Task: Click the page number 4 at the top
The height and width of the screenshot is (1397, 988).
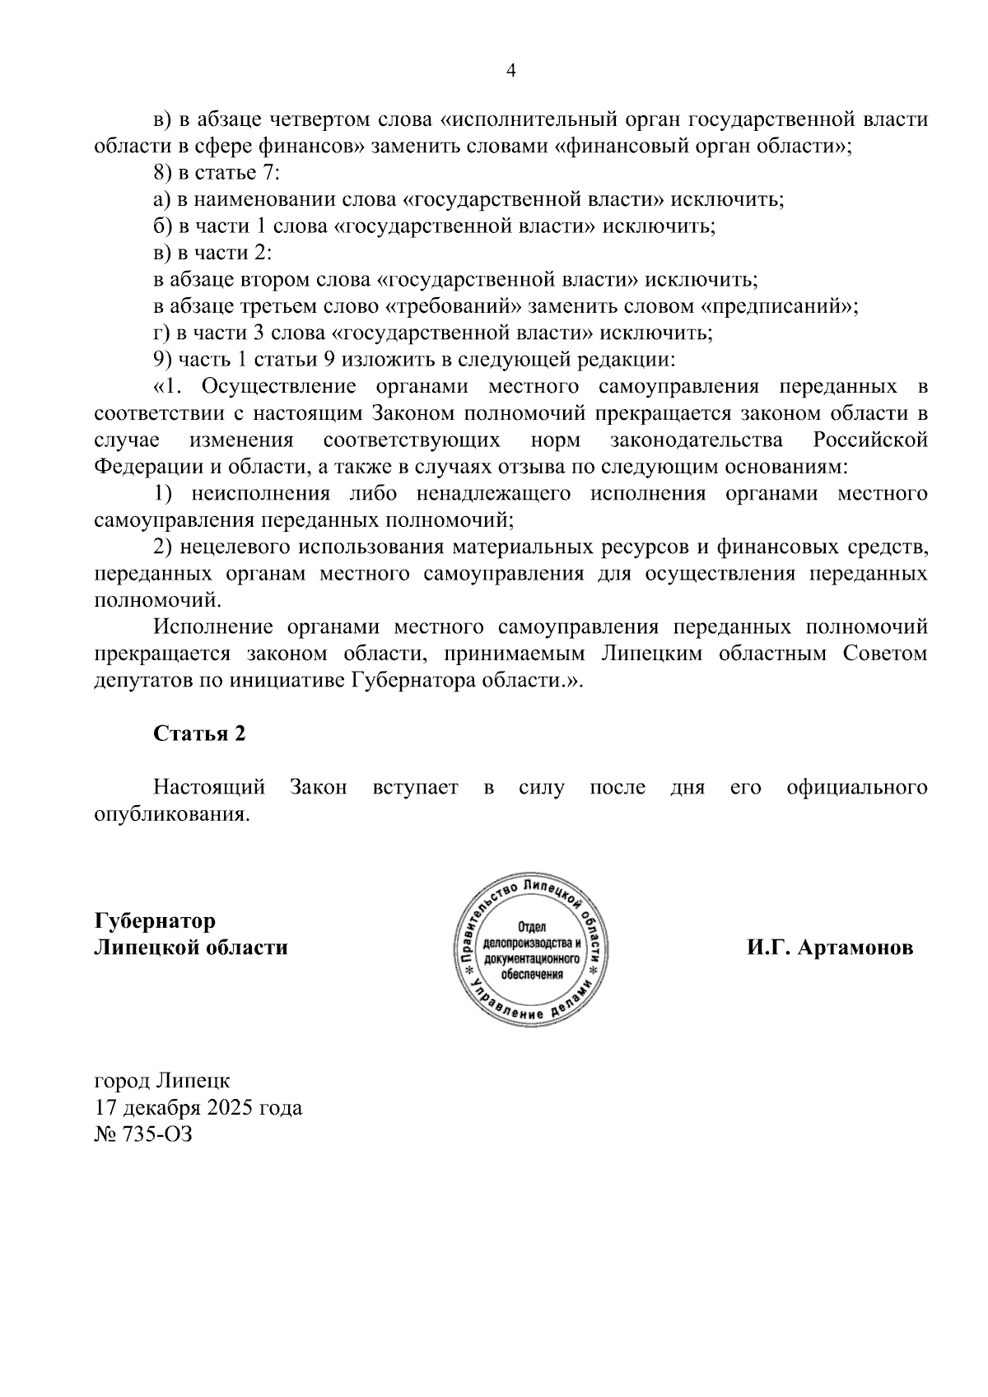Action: pyautogui.click(x=510, y=72)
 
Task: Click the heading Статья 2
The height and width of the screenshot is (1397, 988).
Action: pyautogui.click(x=199, y=733)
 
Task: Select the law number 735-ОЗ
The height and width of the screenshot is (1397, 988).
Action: pyautogui.click(x=156, y=1134)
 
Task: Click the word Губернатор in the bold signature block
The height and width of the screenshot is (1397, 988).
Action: pyautogui.click(x=155, y=920)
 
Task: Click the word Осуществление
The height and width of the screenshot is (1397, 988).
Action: pyautogui.click(x=277, y=387)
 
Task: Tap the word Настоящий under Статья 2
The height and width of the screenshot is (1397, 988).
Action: pyautogui.click(x=209, y=788)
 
